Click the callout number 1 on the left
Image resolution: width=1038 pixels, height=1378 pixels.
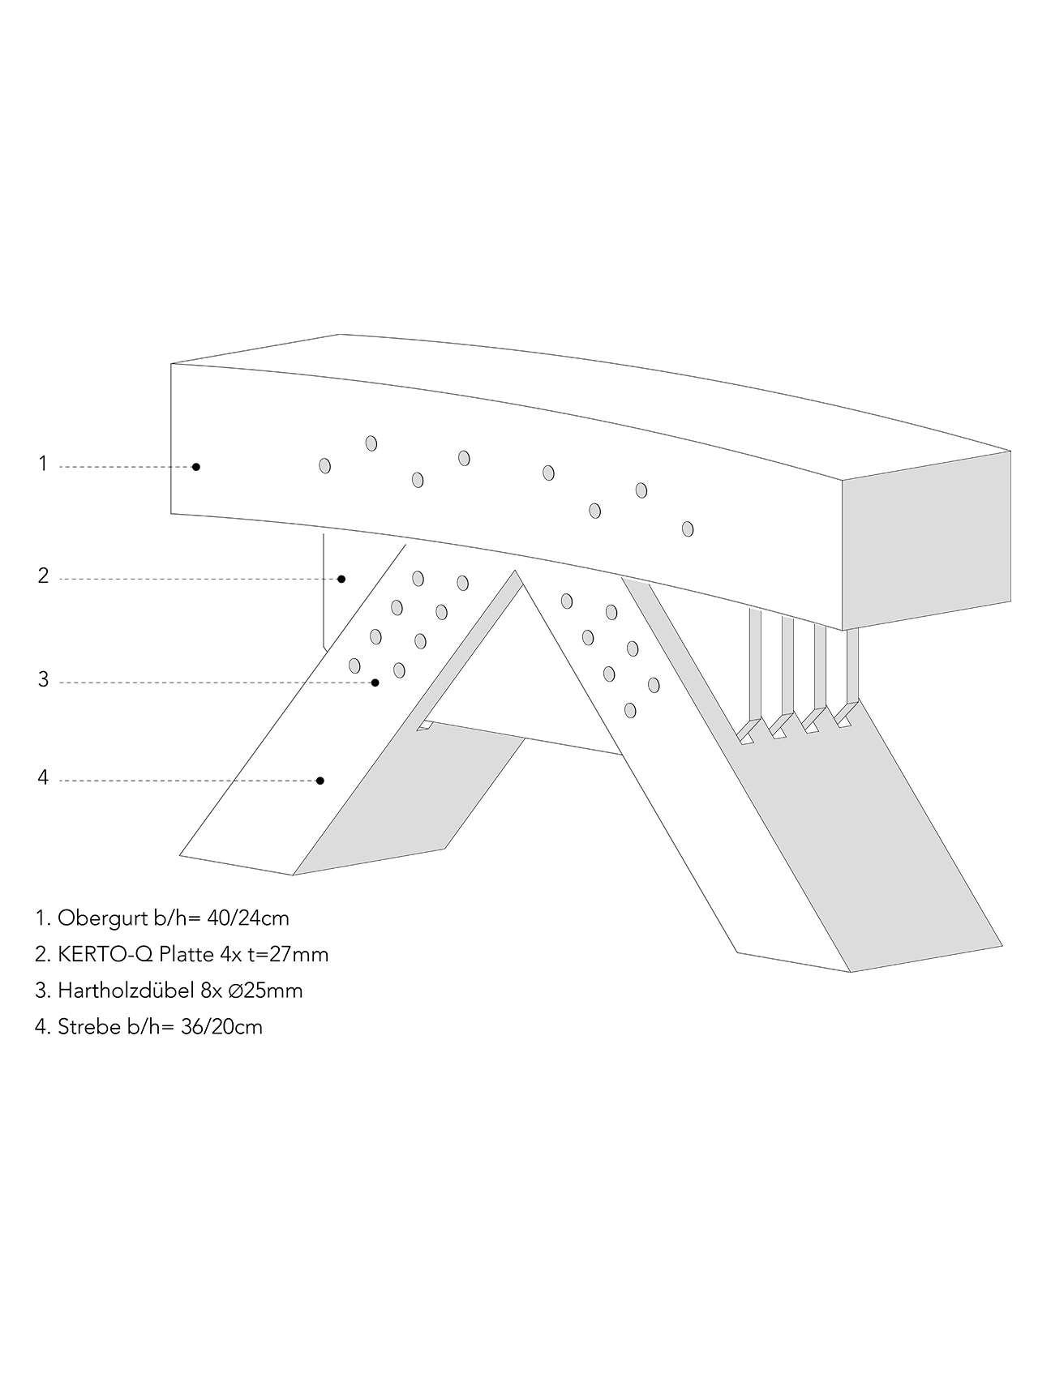(x=43, y=464)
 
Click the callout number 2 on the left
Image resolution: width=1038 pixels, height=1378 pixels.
(x=43, y=576)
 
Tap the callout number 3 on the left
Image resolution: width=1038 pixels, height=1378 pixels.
(x=43, y=680)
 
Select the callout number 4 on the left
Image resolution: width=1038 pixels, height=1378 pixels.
(x=43, y=778)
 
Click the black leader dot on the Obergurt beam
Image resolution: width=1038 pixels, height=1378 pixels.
(x=196, y=467)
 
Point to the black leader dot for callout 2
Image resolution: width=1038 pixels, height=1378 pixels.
(x=341, y=579)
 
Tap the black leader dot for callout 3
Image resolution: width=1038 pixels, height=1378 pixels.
(x=375, y=683)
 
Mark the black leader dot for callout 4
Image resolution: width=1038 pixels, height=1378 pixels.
(x=320, y=781)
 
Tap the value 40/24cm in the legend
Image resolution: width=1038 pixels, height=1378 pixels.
(x=248, y=918)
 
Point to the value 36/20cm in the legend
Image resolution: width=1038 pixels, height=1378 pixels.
(x=221, y=1026)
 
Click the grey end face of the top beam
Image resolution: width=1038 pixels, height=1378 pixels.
(x=927, y=541)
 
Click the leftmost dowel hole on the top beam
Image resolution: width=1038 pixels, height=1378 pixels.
(x=325, y=465)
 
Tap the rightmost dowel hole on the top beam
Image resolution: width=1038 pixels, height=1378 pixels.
(x=688, y=529)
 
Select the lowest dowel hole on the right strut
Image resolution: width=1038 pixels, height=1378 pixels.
(x=630, y=710)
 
